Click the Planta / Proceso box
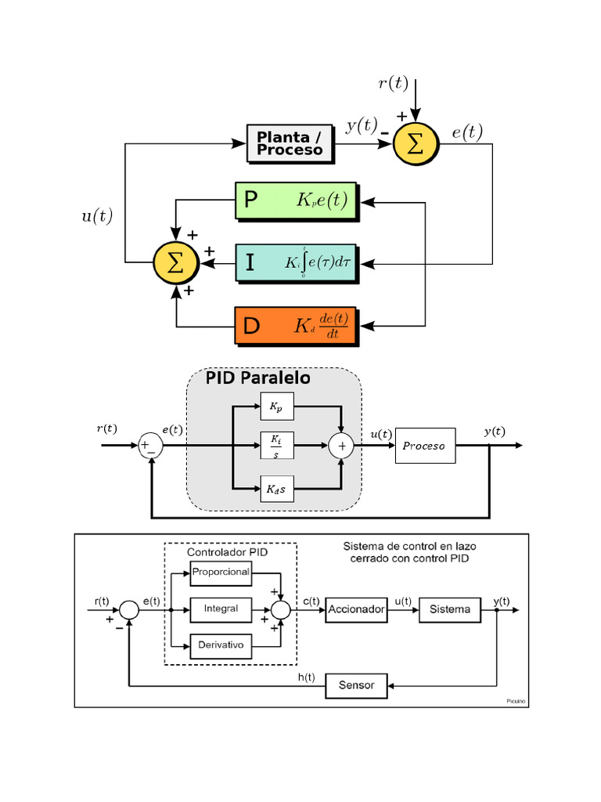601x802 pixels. tap(290, 143)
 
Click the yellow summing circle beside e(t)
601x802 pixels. tap(416, 143)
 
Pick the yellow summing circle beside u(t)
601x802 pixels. tap(176, 263)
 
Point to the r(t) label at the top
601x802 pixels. tap(394, 84)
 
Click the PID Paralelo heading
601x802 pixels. tap(257, 378)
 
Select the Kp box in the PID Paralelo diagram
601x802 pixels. tap(277, 406)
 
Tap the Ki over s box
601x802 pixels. tap(277, 445)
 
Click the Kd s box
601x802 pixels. tap(277, 490)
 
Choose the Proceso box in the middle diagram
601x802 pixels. tap(425, 446)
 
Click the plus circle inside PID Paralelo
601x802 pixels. tap(341, 446)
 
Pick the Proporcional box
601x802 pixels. tap(221, 572)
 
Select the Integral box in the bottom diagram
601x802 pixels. tap(221, 609)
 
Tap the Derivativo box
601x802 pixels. tap(221, 646)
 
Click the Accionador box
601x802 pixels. tap(356, 609)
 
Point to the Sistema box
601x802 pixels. tap(449, 609)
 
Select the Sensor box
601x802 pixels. tap(356, 685)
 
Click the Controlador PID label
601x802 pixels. tap(227, 552)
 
